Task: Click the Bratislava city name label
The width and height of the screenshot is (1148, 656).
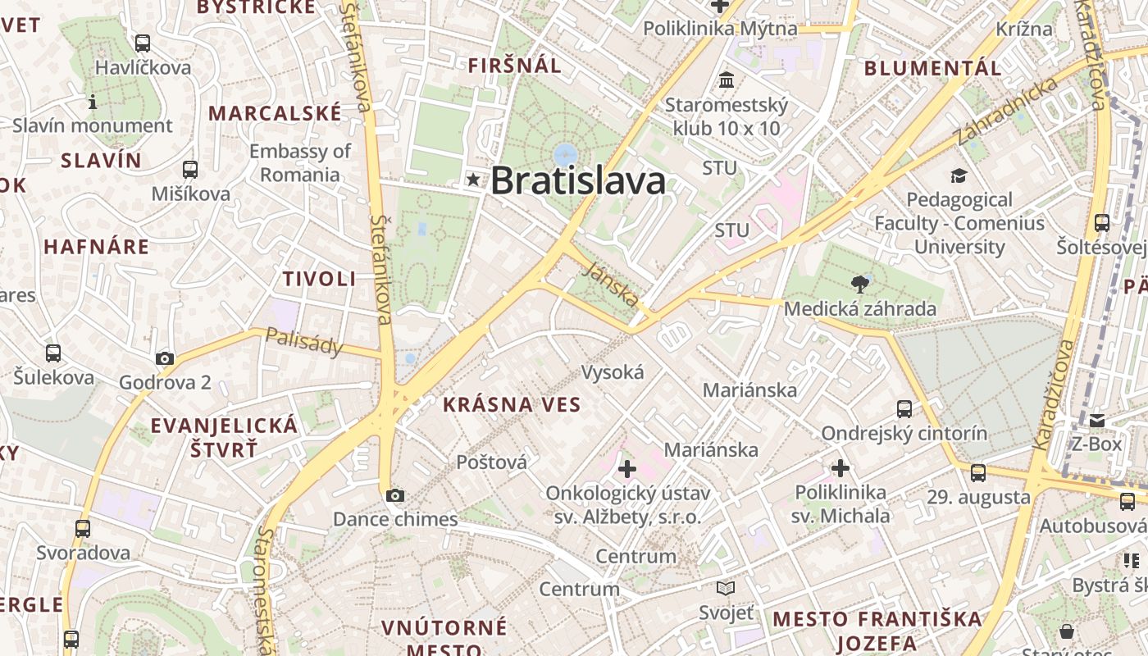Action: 577,180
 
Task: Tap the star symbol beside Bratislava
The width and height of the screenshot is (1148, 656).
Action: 473,179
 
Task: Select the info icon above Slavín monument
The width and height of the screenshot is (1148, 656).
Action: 93,102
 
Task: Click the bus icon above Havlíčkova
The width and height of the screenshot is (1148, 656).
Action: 143,43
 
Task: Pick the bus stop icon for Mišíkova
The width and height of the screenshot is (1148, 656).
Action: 190,170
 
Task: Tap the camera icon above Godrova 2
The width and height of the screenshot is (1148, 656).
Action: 165,358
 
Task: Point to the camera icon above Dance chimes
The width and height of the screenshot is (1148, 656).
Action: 395,495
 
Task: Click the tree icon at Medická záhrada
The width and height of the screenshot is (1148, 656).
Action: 860,285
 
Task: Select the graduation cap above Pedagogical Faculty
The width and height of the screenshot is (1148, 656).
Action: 959,175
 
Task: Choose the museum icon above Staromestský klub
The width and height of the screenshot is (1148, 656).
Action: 726,80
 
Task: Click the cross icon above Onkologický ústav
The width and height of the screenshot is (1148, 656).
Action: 627,469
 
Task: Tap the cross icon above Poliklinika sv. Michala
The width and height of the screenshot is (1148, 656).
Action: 840,468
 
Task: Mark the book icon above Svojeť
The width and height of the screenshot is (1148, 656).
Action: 726,588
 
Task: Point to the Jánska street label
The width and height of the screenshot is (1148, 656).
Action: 612,283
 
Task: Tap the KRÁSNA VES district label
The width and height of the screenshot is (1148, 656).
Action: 512,404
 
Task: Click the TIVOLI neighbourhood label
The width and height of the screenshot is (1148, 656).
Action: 320,279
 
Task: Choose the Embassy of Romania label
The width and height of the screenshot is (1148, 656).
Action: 300,162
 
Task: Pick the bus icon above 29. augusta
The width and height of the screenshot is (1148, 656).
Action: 978,473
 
